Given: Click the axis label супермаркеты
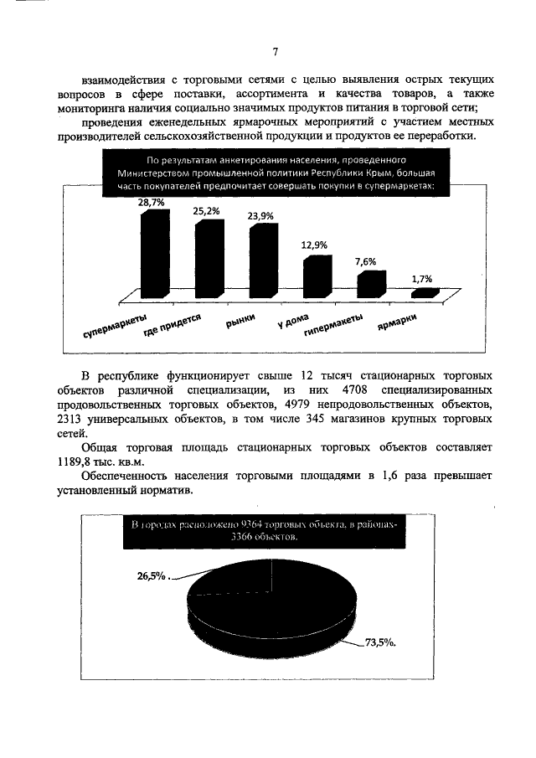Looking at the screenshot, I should tap(116, 327).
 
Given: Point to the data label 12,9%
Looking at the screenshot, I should tap(314, 245).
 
